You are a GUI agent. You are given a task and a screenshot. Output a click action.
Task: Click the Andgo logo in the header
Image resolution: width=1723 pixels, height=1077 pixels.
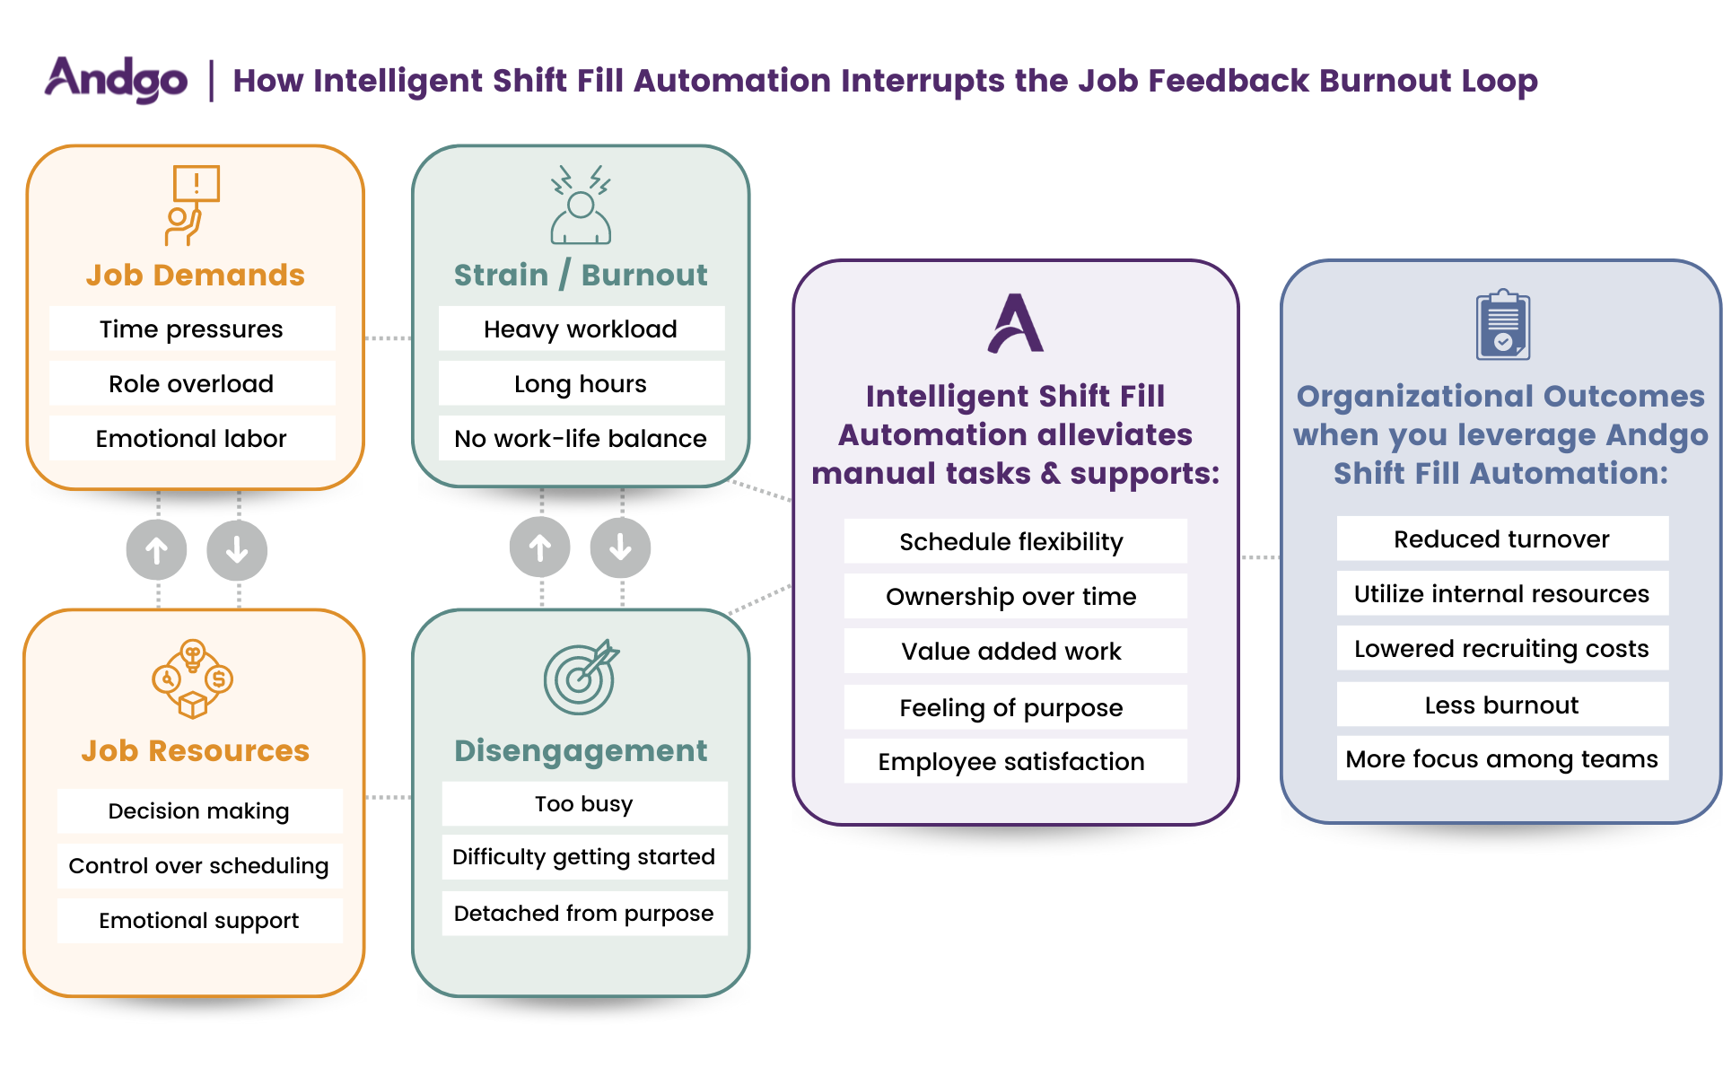click(x=117, y=79)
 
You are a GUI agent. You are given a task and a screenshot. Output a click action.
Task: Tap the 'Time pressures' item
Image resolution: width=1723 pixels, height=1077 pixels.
click(x=191, y=329)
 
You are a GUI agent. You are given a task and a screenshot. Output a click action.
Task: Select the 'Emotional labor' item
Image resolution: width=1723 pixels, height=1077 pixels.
click(x=191, y=439)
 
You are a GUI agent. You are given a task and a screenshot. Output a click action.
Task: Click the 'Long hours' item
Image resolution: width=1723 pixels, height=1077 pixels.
click(x=581, y=384)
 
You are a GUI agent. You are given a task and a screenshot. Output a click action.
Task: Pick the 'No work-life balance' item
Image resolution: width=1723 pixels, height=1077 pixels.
click(x=581, y=439)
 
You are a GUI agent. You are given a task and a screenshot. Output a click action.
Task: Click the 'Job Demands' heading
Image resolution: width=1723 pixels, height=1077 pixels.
click(x=195, y=275)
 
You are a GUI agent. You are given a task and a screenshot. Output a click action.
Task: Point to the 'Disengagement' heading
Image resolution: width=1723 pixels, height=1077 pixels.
click(x=581, y=750)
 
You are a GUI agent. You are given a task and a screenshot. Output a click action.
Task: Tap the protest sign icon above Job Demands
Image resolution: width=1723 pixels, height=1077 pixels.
click(x=193, y=205)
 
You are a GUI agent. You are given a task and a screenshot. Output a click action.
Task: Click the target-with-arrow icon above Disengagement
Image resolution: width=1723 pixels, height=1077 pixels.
click(x=582, y=677)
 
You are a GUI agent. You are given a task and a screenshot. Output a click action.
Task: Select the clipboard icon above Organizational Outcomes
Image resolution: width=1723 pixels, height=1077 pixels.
click(x=1503, y=324)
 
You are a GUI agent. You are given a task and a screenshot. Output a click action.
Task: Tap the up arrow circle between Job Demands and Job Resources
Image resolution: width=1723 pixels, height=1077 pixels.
click(x=157, y=550)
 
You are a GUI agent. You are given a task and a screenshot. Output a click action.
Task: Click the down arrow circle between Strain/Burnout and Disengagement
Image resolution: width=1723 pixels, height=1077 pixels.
click(x=620, y=547)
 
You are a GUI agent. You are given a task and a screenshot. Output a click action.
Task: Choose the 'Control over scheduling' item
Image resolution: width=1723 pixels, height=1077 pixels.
click(x=199, y=866)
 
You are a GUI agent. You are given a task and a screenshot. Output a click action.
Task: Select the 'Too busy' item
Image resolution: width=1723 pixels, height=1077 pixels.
click(x=584, y=804)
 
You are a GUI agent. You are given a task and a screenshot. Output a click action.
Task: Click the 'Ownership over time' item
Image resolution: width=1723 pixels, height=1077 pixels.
click(x=1011, y=597)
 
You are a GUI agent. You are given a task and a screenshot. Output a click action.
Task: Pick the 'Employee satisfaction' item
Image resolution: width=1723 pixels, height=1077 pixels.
click(x=1011, y=762)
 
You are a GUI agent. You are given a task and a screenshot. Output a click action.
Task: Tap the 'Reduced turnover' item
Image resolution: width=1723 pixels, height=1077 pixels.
click(x=1501, y=539)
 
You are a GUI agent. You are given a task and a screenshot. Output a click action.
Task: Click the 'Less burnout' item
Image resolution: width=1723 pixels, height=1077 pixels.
click(x=1501, y=705)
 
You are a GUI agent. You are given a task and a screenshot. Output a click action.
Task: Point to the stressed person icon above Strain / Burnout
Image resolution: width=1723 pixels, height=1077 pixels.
click(x=581, y=206)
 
